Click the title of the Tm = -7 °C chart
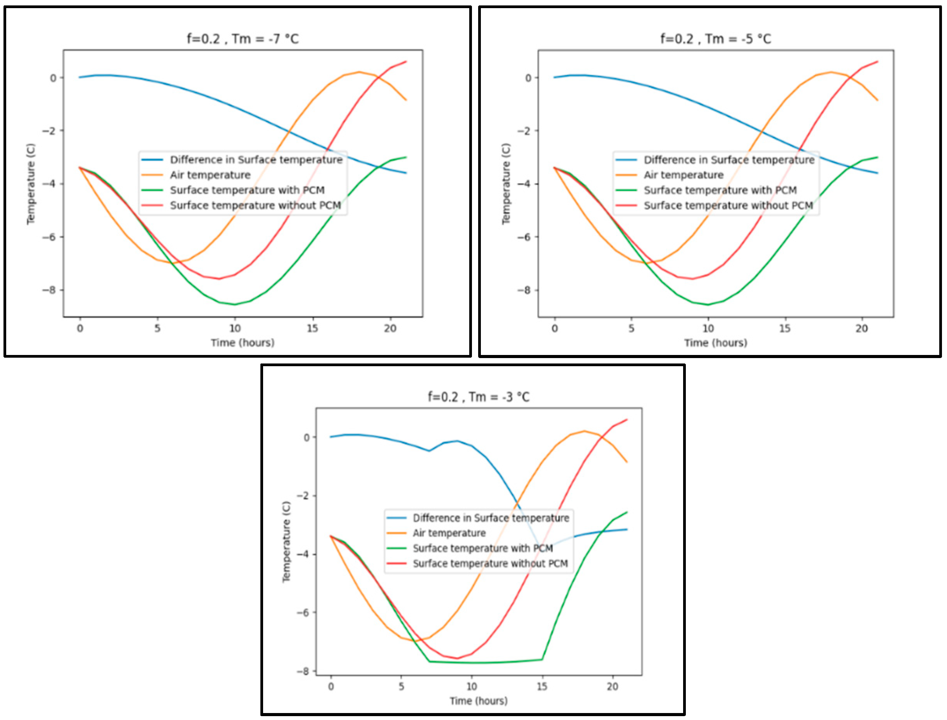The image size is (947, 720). pyautogui.click(x=243, y=39)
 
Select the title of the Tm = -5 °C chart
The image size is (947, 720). pyautogui.click(x=715, y=39)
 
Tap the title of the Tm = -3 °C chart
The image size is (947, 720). pyautogui.click(x=478, y=397)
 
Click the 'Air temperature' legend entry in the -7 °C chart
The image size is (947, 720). pyautogui.click(x=210, y=175)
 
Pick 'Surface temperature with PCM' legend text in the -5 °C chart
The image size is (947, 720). pyautogui.click(x=720, y=190)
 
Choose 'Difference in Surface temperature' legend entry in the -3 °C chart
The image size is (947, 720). pyautogui.click(x=490, y=518)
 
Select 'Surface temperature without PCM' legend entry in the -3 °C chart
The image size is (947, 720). pyautogui.click(x=490, y=564)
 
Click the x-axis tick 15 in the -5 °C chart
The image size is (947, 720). pyautogui.click(x=785, y=328)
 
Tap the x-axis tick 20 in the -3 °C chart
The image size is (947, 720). pyautogui.click(x=613, y=687)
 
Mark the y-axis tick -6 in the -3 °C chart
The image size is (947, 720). pyautogui.click(x=303, y=613)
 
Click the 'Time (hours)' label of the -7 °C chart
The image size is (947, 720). pyautogui.click(x=242, y=343)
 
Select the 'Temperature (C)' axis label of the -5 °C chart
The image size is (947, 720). pyautogui.click(x=506, y=183)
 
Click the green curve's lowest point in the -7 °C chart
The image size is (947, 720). pyautogui.click(x=235, y=304)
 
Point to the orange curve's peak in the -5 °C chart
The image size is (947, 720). pyautogui.click(x=831, y=72)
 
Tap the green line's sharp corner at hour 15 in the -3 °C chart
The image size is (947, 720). pyautogui.click(x=542, y=660)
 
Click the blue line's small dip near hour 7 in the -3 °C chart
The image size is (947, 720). pyautogui.click(x=429, y=451)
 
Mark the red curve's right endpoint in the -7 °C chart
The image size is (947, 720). pyautogui.click(x=406, y=62)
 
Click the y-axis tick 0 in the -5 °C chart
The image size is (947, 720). pyautogui.click(x=529, y=78)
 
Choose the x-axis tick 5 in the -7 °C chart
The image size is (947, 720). pyautogui.click(x=157, y=328)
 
